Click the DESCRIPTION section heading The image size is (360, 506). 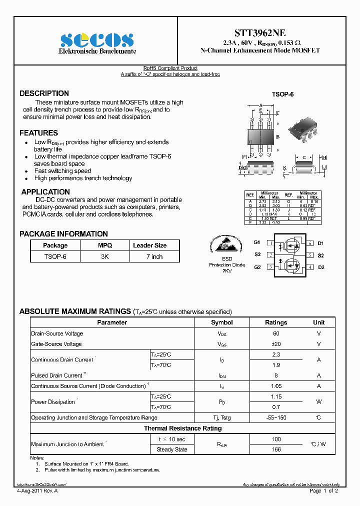coord(44,93)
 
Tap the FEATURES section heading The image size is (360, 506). coord(38,133)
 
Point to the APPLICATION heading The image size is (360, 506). coord(45,192)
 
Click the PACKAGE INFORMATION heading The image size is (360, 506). coord(63,234)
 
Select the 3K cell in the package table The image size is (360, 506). coord(105,256)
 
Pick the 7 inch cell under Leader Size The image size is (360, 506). coord(154,256)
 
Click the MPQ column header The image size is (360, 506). coord(105,245)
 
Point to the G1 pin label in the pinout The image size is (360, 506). coord(257,243)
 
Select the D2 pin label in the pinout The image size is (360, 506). coord(321,267)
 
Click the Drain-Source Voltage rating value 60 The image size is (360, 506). coord(276,333)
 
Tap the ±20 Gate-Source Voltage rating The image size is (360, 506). coord(276,344)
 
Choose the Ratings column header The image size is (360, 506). coord(276,322)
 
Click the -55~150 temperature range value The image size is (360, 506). coord(276,417)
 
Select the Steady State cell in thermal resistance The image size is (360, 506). coord(172,449)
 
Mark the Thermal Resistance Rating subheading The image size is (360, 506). coord(182,428)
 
